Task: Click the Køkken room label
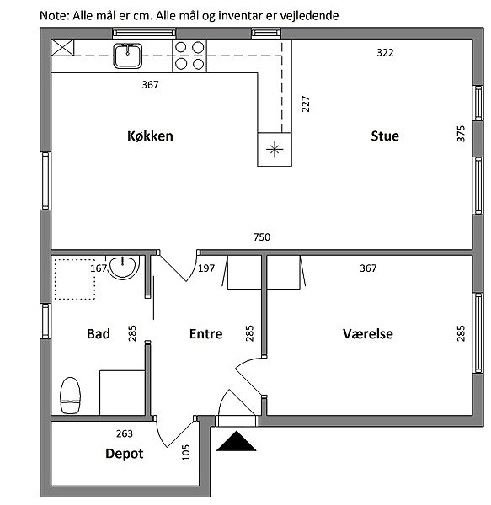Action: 150,136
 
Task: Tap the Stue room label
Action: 385,136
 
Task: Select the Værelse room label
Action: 368,333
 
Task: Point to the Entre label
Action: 205,333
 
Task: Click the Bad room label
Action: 99,333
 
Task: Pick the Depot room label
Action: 125,454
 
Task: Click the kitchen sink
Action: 127,56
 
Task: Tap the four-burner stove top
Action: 189,56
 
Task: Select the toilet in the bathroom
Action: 70,396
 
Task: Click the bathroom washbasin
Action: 124,267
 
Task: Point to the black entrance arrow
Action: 237,441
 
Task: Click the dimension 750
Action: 262,237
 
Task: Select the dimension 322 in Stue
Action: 385,53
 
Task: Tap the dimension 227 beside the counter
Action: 306,104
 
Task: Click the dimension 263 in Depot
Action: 125,433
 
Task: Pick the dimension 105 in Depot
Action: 186,453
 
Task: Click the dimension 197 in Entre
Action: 206,268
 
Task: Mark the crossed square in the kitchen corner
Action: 63,48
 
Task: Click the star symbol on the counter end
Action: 275,149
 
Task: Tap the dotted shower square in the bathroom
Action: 75,279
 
